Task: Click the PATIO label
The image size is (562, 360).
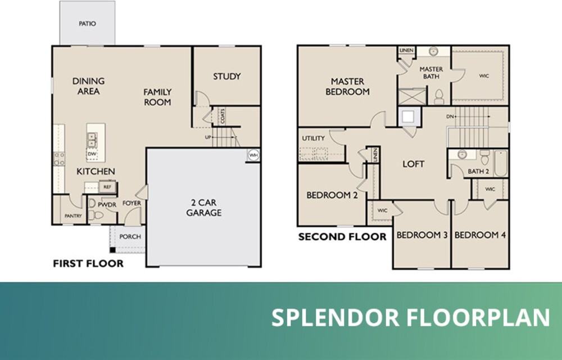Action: [87, 24]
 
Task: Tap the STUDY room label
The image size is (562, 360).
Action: [227, 76]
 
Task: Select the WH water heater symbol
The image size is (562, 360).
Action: [253, 155]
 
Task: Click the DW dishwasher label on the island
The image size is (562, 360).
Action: [92, 154]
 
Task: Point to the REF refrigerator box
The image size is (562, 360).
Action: [107, 187]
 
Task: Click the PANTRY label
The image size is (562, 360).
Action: [73, 216]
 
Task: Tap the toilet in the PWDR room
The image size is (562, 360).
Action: [96, 215]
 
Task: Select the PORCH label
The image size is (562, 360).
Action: [130, 237]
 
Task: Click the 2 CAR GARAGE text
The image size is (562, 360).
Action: [203, 208]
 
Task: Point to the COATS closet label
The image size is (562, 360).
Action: [223, 116]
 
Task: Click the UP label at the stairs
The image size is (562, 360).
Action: [208, 137]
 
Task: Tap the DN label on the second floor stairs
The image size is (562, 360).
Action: [450, 116]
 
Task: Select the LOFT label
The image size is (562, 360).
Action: [413, 164]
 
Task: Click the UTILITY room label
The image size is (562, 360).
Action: [313, 138]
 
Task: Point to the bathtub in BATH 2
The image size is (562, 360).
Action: [500, 163]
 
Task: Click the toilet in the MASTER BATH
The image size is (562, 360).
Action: [439, 97]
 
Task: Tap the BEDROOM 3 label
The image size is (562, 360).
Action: [422, 235]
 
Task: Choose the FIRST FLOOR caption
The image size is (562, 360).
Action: [88, 264]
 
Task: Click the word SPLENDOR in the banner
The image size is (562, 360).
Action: [335, 318]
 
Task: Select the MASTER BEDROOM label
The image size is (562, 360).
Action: [347, 87]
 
